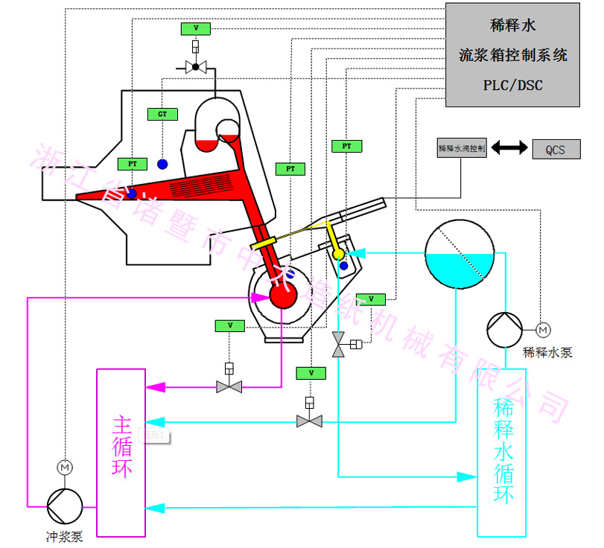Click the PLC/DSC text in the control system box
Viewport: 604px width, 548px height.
(x=512, y=85)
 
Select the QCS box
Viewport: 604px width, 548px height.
(x=555, y=150)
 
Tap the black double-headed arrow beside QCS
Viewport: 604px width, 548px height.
(x=509, y=148)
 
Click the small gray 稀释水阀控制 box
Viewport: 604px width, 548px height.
(x=462, y=148)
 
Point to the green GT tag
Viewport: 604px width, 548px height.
(x=162, y=114)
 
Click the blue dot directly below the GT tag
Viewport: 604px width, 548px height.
(x=162, y=163)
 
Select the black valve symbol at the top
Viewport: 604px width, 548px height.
(x=196, y=68)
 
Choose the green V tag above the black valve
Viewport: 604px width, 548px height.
(x=196, y=28)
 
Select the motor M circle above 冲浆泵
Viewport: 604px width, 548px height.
(x=65, y=467)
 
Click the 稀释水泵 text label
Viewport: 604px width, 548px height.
(x=547, y=352)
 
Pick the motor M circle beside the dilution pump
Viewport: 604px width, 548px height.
(x=542, y=328)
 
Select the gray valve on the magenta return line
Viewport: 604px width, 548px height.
(x=229, y=386)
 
